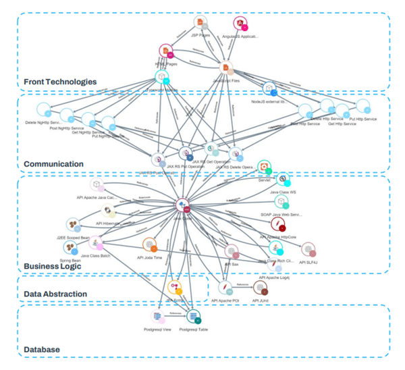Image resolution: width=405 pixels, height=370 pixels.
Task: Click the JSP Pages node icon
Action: tap(198, 24)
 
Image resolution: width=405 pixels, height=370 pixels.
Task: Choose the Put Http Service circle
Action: tap(362, 107)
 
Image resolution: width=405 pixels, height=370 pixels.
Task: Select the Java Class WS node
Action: tap(283, 180)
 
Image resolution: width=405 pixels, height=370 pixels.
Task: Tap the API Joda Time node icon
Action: tap(149, 245)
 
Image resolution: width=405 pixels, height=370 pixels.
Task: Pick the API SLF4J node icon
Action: tap(308, 250)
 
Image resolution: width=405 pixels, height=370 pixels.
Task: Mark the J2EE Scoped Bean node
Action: tap(72, 225)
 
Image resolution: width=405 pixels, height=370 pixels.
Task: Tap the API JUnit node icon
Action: tap(262, 287)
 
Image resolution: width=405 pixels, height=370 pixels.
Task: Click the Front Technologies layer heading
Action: tap(60, 82)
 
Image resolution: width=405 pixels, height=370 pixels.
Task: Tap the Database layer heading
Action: tap(42, 349)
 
